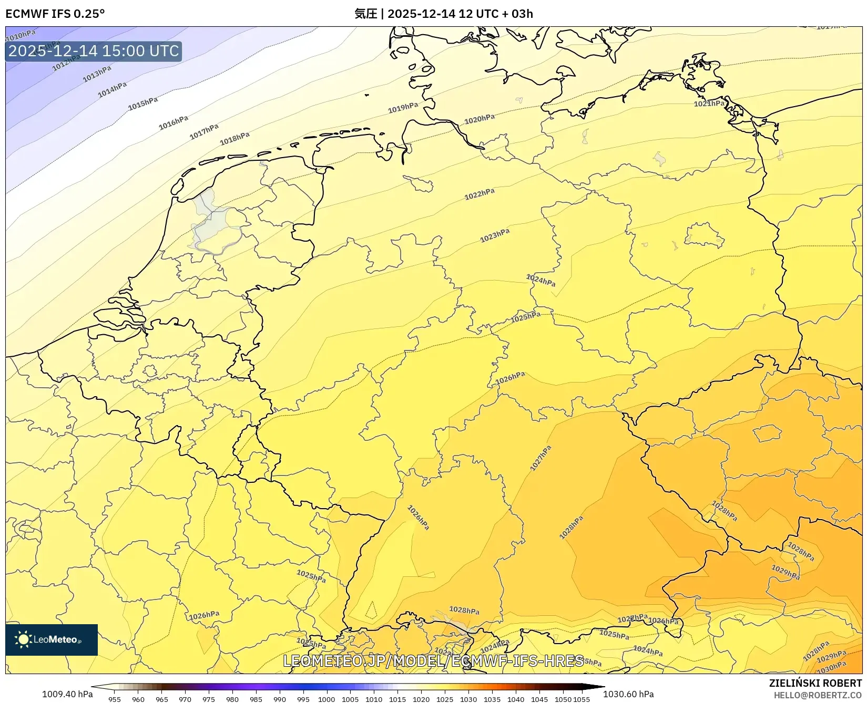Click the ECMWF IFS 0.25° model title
[x=55, y=14]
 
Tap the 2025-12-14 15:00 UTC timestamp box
[x=94, y=51]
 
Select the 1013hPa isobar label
[x=97, y=74]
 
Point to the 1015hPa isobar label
[x=142, y=104]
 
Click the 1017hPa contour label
[x=204, y=131]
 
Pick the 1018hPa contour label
[x=234, y=138]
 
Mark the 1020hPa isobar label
[x=479, y=119]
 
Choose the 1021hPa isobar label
[x=709, y=104]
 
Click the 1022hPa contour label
[x=479, y=194]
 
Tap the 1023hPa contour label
[x=495, y=235]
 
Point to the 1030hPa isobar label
[x=831, y=667]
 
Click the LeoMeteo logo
[x=52, y=639]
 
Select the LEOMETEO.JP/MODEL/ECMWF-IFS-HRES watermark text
[x=433, y=660]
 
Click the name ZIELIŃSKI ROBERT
[x=815, y=683]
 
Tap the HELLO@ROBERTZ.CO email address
[x=817, y=695]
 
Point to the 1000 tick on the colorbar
[x=327, y=699]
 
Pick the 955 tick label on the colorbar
[x=115, y=699]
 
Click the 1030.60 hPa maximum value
[x=628, y=694]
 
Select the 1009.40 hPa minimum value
[x=67, y=694]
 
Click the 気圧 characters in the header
[x=365, y=14]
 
